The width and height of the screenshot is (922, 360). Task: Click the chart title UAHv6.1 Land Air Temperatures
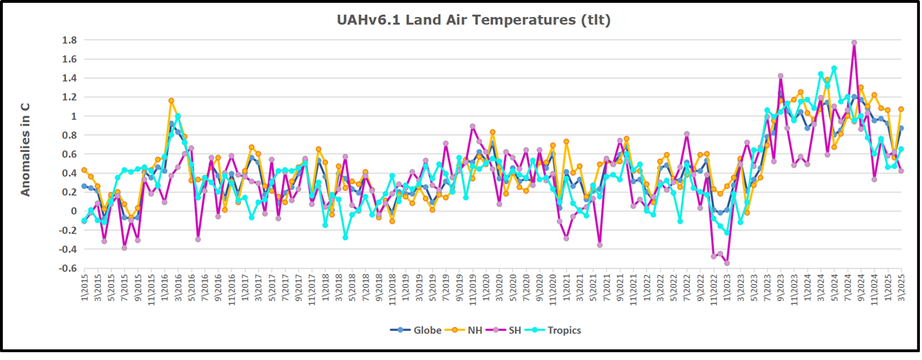474,20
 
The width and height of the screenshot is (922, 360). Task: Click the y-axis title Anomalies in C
26,149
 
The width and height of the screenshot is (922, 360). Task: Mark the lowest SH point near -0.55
727,263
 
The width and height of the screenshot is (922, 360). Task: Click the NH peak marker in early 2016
171,101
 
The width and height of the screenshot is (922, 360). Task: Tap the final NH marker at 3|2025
901,109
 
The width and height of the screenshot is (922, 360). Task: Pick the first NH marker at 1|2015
84,170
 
